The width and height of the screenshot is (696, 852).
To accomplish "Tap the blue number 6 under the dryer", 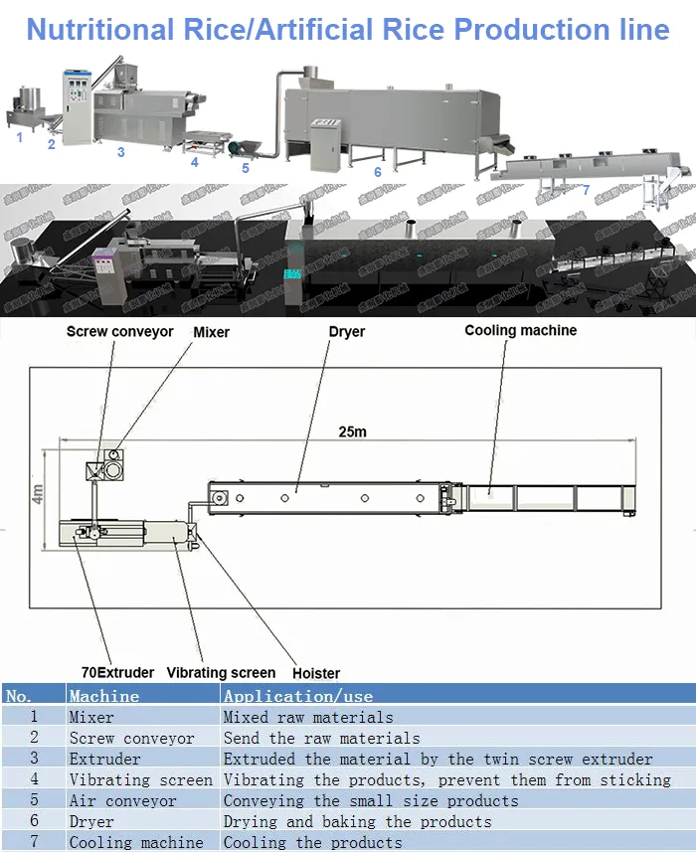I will (x=377, y=172).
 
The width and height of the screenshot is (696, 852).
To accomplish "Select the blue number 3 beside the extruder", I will (x=120, y=152).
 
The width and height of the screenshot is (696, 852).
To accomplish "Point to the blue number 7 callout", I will (x=586, y=189).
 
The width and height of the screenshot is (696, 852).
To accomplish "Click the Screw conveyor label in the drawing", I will (x=119, y=331).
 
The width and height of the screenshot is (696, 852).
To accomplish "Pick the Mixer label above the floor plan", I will (x=211, y=331).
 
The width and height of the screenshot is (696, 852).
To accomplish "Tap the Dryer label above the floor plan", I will (x=346, y=331).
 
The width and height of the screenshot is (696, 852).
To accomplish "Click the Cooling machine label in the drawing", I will (x=520, y=330).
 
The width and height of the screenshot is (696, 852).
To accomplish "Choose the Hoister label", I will (x=316, y=673).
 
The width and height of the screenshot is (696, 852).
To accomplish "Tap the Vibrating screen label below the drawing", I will (x=221, y=672).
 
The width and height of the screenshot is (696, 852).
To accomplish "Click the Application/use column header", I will (x=298, y=696).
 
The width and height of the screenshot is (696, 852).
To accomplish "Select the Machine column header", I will (x=104, y=696).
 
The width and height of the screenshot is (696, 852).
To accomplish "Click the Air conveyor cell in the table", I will (x=122, y=800).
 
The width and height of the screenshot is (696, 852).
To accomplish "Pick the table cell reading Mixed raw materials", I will (x=307, y=717).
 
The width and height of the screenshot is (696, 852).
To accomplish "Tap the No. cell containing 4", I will (x=34, y=779).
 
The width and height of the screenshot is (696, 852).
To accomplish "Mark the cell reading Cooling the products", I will (x=312, y=842).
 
